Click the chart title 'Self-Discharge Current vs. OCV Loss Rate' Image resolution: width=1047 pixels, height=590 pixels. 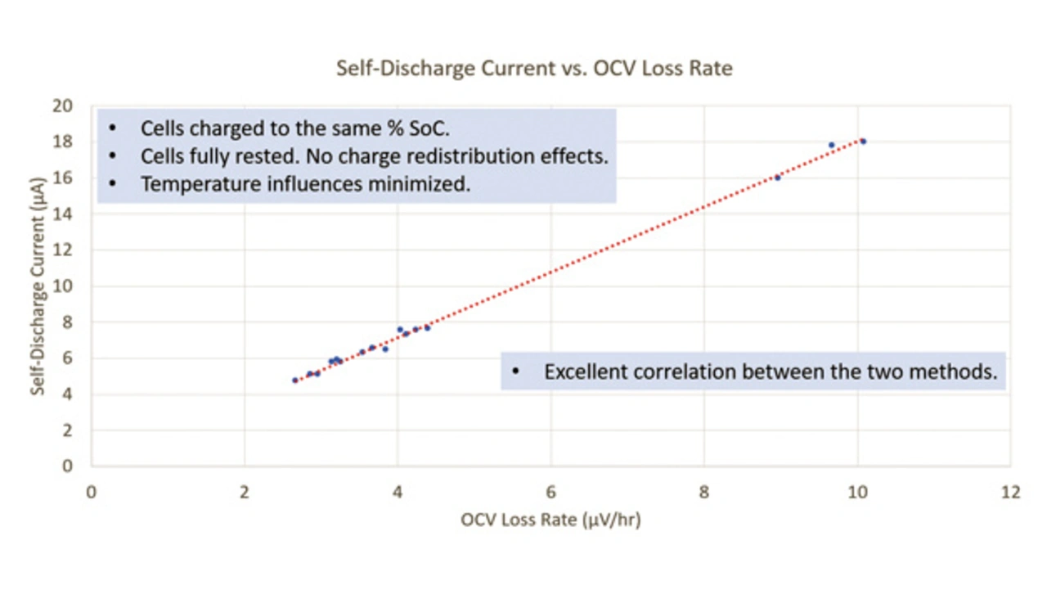[534, 68]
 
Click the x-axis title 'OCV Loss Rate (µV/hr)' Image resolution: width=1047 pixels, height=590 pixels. [550, 520]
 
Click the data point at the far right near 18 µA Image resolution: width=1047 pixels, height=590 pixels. [863, 142]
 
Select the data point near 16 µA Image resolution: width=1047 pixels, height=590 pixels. [778, 178]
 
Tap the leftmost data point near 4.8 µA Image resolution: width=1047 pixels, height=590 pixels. [295, 380]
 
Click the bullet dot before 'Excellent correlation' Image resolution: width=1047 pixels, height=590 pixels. [515, 372]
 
